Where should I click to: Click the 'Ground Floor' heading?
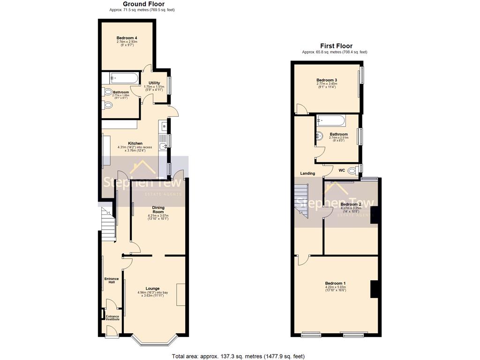point(143,4)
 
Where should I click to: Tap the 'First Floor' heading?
point(336,46)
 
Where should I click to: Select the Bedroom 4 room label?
point(127,37)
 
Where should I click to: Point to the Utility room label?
point(154,83)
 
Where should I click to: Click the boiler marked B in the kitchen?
point(164,126)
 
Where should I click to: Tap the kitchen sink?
point(164,147)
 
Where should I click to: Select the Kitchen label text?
point(135,143)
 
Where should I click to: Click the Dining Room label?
point(158,210)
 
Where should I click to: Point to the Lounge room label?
point(152,288)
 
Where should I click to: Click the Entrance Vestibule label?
point(112,318)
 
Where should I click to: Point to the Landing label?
point(307,173)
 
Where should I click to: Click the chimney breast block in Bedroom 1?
point(375,289)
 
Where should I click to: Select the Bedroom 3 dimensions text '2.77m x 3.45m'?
point(326,84)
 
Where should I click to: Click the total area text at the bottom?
point(238,356)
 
